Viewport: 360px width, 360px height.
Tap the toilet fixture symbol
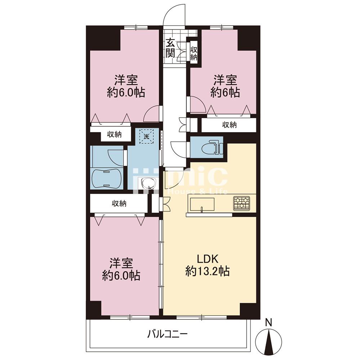[211, 148]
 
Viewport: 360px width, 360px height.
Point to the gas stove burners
[241, 203]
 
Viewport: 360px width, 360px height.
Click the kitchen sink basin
[202, 204]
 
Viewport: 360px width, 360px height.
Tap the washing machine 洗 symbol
[147, 136]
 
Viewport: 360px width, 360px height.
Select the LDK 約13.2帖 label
[207, 265]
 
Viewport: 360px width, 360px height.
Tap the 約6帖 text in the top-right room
[225, 93]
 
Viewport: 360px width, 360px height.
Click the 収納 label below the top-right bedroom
[229, 125]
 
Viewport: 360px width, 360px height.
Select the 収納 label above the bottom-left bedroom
[119, 203]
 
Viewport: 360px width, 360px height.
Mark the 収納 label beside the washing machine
[114, 134]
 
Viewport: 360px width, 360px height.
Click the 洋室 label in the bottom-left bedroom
[121, 264]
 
